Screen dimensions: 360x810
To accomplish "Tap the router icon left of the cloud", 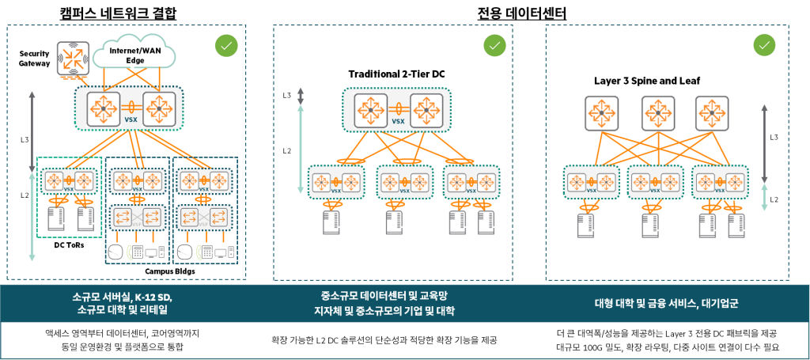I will click(72, 58).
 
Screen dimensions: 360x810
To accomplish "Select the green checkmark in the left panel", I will click(226, 46).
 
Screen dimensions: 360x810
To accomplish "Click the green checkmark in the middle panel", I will click(494, 46).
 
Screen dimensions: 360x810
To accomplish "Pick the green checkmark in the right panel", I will click(763, 45).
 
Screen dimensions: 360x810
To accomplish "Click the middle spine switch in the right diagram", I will click(655, 113).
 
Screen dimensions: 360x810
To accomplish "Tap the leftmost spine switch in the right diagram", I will click(601, 113).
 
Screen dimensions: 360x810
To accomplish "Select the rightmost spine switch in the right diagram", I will click(710, 113).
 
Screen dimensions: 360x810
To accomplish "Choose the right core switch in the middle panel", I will click(426, 109).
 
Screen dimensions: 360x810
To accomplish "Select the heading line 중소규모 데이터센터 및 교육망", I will click(392, 297).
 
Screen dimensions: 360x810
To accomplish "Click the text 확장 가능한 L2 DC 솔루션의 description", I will click(393, 340).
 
